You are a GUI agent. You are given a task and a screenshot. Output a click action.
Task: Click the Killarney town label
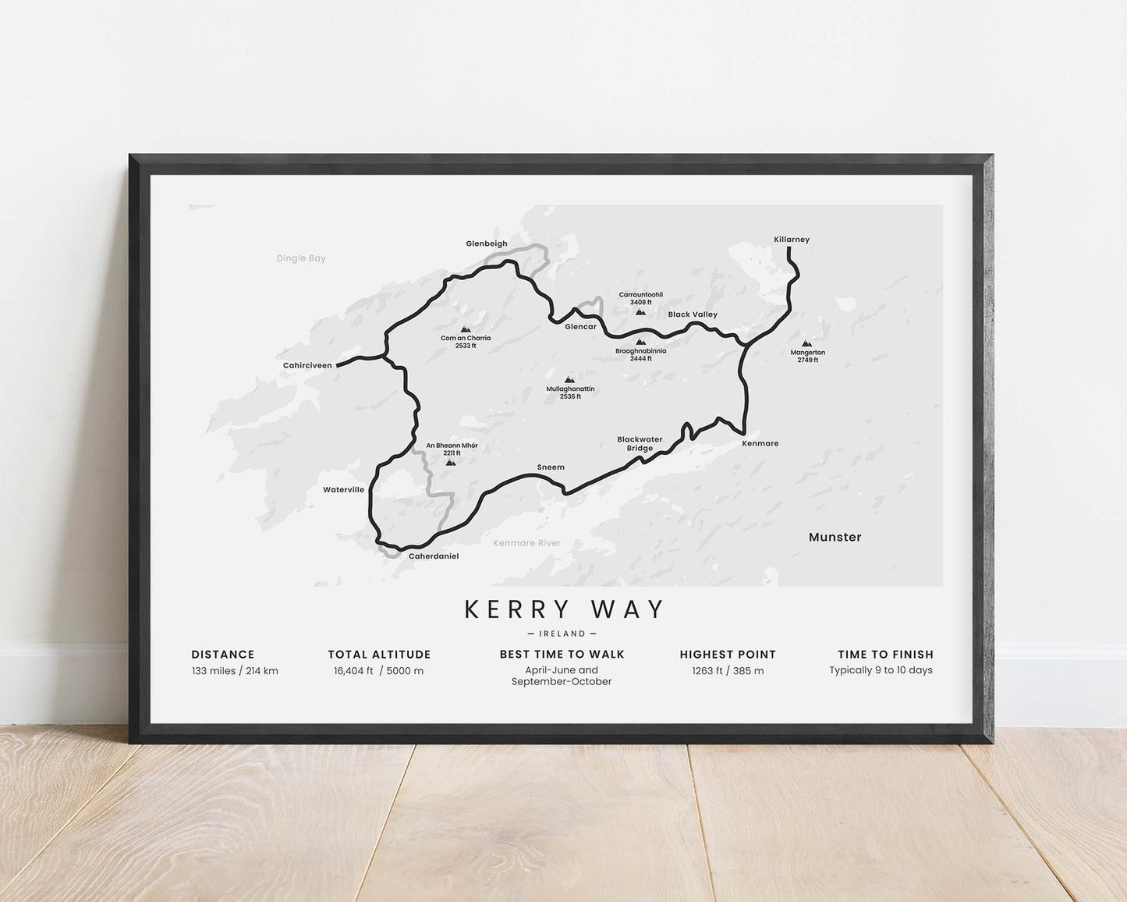(x=792, y=240)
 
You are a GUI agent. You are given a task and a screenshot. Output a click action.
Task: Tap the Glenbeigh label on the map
(x=487, y=243)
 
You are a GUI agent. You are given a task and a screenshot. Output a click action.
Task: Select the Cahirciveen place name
(x=307, y=365)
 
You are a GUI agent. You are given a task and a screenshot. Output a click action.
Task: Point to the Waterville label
(x=344, y=490)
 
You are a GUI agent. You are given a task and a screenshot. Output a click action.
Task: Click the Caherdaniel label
(x=434, y=556)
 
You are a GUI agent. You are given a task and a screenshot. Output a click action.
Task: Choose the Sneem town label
(x=551, y=467)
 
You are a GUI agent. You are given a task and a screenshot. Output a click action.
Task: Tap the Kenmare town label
(x=760, y=443)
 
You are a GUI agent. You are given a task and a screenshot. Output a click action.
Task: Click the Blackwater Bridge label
(x=640, y=444)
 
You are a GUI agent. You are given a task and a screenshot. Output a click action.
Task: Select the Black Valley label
(x=693, y=314)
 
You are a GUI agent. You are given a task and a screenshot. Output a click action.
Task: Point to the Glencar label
(x=580, y=327)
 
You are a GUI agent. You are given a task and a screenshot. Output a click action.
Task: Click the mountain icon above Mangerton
(x=806, y=343)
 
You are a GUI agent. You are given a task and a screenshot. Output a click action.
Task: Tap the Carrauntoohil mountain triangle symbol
(x=640, y=311)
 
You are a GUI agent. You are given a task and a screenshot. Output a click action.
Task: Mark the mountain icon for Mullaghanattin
(x=569, y=380)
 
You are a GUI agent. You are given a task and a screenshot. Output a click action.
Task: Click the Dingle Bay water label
(x=301, y=258)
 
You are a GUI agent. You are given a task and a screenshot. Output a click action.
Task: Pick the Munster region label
(x=835, y=537)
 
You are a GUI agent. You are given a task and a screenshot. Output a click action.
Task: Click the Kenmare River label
(x=527, y=543)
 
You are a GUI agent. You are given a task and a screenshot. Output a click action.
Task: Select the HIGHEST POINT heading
(x=728, y=655)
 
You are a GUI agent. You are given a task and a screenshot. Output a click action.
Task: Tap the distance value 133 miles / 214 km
(x=235, y=671)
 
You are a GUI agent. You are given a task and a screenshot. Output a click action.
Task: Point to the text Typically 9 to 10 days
(x=881, y=670)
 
